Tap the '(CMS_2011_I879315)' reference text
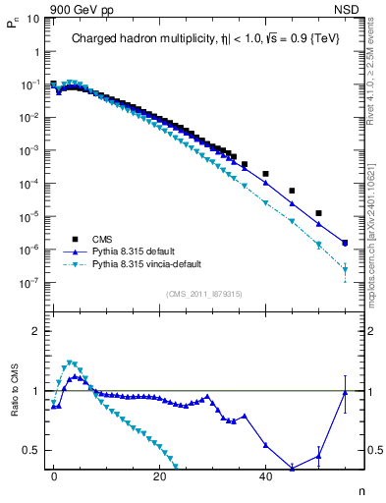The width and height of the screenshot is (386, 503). [205, 294]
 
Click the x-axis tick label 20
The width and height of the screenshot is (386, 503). [159, 475]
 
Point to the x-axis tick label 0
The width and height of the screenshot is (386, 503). [54, 475]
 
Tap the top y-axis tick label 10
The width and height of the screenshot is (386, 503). [32, 19]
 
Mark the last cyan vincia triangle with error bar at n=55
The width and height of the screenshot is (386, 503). [345, 269]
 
